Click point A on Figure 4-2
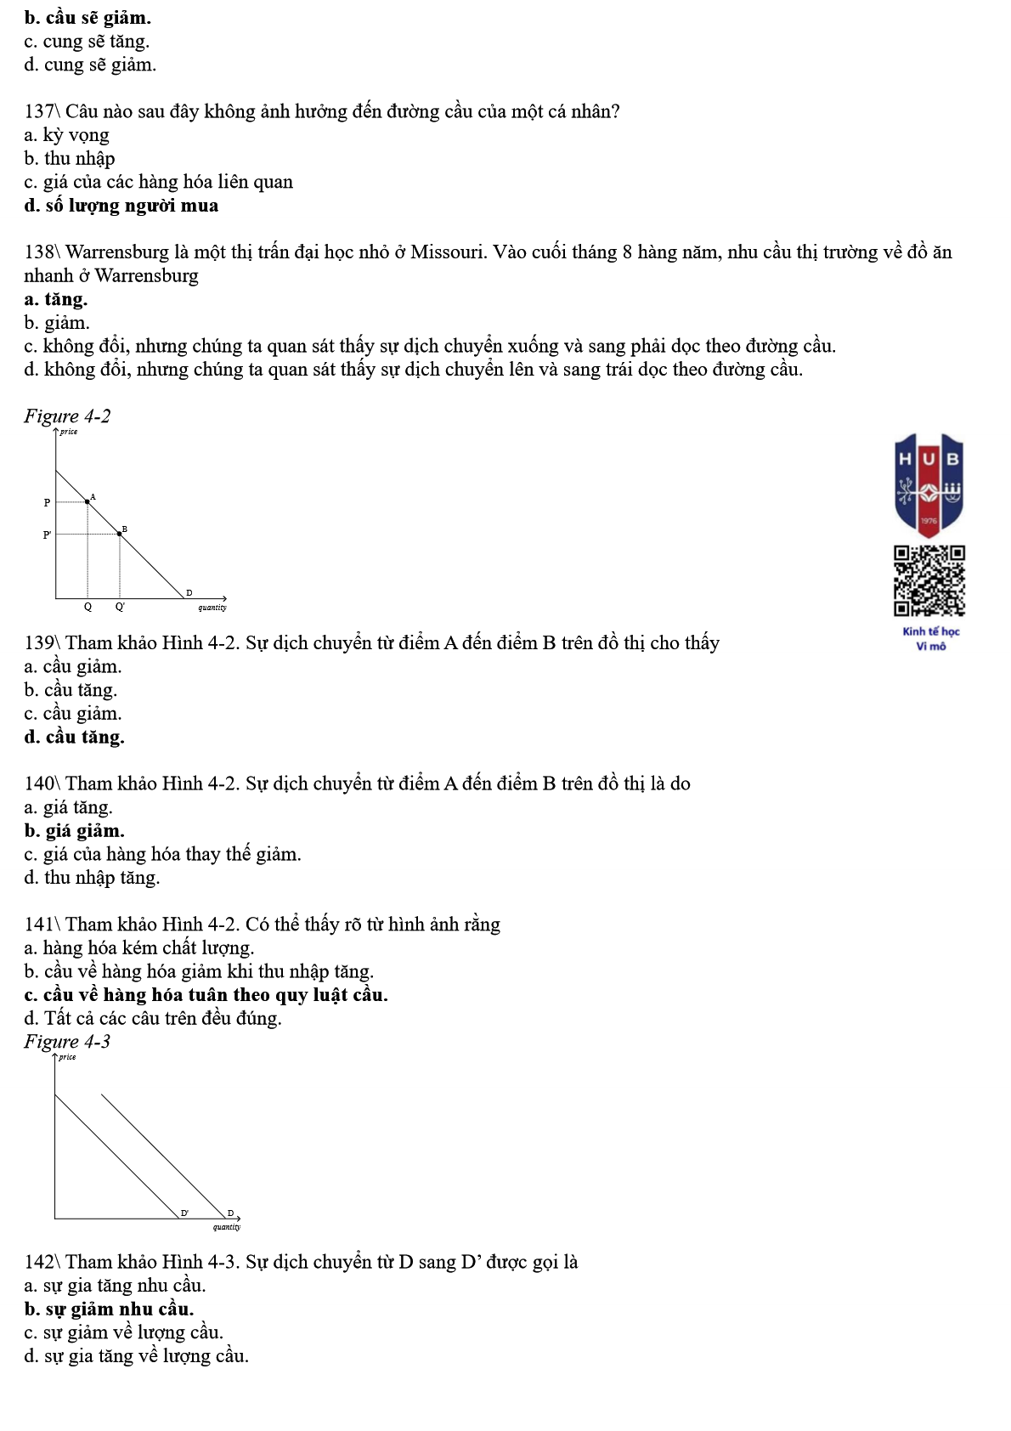point(88,501)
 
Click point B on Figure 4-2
point(119,534)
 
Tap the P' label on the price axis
point(47,535)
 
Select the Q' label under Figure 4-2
point(120,607)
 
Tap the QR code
point(929,580)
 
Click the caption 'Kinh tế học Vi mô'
point(930,638)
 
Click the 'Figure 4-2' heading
point(67,416)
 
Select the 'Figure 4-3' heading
point(67,1042)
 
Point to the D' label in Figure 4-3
point(184,1213)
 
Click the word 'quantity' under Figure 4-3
point(227,1226)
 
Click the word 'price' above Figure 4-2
point(69,432)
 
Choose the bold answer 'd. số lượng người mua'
point(121,206)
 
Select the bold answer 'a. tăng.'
point(56,299)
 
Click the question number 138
point(39,252)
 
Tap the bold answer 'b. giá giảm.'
point(75,831)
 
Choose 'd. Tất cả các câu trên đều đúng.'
point(153,1018)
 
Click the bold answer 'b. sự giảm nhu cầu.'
point(109,1309)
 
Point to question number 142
point(39,1262)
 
